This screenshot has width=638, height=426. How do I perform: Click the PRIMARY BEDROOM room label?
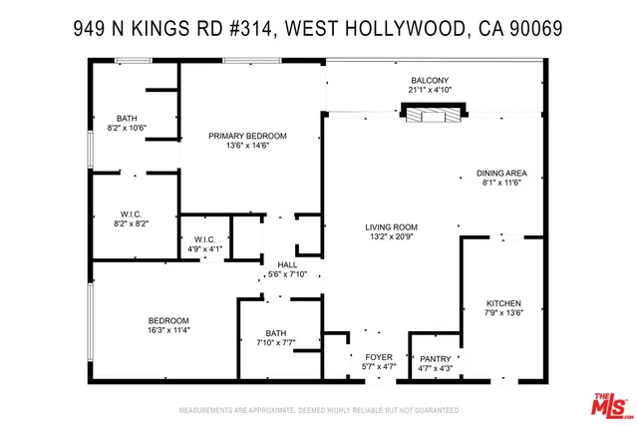(x=247, y=136)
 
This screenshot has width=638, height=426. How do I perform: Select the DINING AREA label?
(x=501, y=172)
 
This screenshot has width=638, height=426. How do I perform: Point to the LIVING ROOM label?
(x=390, y=227)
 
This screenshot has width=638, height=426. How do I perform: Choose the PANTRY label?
(x=435, y=359)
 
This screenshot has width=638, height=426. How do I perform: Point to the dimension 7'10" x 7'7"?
(x=276, y=344)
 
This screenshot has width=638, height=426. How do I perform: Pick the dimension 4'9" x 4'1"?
(x=205, y=249)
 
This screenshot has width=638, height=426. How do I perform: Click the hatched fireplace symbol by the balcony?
(x=432, y=117)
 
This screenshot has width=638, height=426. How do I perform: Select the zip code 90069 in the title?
(x=535, y=30)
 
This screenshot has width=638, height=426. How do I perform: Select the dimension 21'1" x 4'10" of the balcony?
(x=431, y=91)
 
